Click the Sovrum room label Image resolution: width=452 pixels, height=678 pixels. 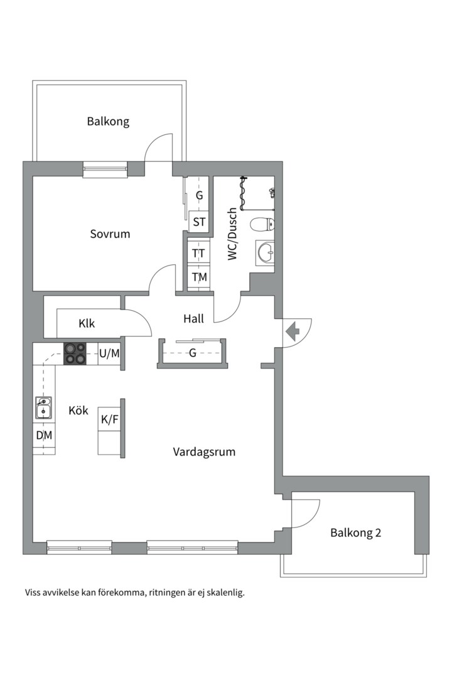coord(110,234)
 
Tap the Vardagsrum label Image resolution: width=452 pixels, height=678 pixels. coord(204,452)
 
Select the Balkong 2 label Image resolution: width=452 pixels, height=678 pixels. coord(355,533)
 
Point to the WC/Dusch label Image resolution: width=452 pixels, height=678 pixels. coord(233,234)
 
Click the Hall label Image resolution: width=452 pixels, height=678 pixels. coord(193,319)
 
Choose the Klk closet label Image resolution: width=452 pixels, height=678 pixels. coord(87,323)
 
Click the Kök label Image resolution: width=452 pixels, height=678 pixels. coord(78,410)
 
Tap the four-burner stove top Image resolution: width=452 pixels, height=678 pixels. coord(75,353)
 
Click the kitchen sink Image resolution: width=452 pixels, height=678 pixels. coord(44,408)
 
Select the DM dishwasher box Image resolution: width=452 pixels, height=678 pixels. coord(44,436)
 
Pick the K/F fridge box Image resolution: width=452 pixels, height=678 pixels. coord(109,419)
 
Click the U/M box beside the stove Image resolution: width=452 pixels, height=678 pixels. coord(109,353)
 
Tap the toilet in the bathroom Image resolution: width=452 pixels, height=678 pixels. coord(262,224)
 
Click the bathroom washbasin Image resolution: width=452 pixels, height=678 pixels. coord(265,252)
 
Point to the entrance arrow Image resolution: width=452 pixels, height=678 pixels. coord(293,331)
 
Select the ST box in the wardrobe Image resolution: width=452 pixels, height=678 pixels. coord(199,222)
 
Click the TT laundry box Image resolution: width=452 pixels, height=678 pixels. coord(198,253)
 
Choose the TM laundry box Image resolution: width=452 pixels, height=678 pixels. coord(199,277)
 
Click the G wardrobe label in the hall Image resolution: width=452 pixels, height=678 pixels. coord(193,353)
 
